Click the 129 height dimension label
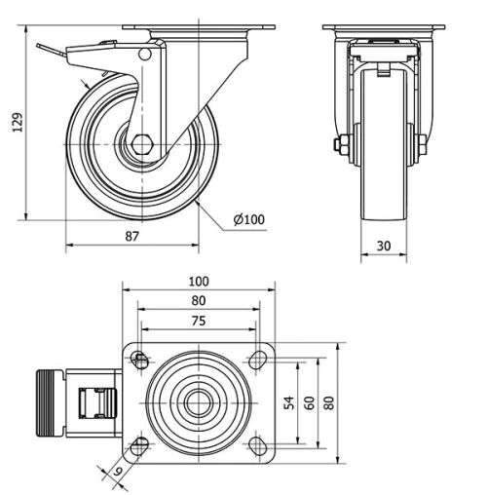coord(15,121)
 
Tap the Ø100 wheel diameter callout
coord(250,220)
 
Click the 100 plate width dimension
coord(200,282)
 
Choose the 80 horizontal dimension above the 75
coord(200,301)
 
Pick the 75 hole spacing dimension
coord(200,321)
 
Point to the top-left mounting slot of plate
coord(141,361)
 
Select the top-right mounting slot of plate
coord(258,361)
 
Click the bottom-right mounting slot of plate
coord(258,445)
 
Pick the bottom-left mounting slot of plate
coord(141,445)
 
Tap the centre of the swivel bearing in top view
coord(200,402)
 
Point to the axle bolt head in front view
coord(337,147)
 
